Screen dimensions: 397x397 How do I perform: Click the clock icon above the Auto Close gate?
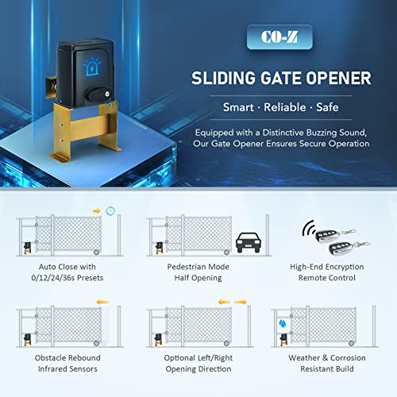coord(110,210)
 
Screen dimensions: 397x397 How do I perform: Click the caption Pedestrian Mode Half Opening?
coord(199,274)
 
